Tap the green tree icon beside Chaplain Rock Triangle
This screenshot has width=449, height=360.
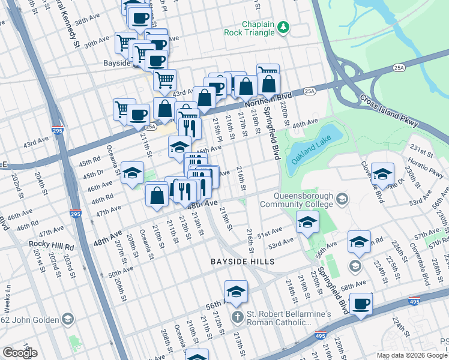pos(283,27)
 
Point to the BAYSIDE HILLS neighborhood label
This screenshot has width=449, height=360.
pos(242,262)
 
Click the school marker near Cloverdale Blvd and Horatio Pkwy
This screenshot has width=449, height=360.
pos(382,174)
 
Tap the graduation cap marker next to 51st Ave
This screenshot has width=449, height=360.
pos(307,223)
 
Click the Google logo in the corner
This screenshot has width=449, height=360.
pos(20,353)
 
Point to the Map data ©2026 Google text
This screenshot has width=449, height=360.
pos(411,355)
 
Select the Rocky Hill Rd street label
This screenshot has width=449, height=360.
pos(51,246)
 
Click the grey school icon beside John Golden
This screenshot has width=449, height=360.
pos(67,319)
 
